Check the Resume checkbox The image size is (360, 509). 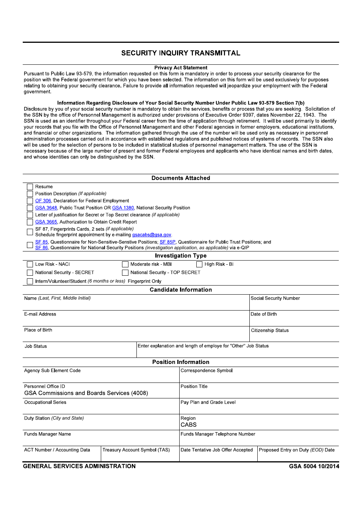click(30, 187)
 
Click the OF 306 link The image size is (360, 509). click(43, 201)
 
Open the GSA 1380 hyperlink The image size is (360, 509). click(123, 208)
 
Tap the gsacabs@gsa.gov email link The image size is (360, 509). click(152, 235)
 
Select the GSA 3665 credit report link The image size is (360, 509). click(46, 222)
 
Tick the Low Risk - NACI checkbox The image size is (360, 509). click(30, 264)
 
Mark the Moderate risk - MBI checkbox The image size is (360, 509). click(125, 264)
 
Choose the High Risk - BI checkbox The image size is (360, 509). click(199, 264)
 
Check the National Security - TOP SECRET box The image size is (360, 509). click(125, 273)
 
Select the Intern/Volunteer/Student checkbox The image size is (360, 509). click(30, 281)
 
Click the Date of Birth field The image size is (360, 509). click(294, 320)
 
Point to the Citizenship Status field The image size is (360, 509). click(294, 336)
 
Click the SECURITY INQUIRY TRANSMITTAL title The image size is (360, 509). click(181, 53)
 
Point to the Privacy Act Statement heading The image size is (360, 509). click(181, 68)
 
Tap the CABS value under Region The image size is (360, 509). click(189, 425)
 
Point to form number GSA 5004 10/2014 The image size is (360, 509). click(314, 466)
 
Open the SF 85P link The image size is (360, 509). click(167, 242)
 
